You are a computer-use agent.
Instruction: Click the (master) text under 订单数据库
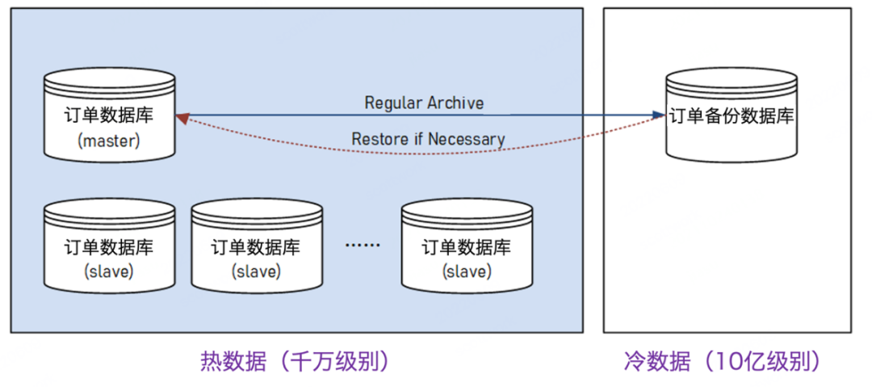pyautogui.click(x=109, y=141)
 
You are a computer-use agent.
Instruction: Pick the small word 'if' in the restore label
pyautogui.click(x=417, y=139)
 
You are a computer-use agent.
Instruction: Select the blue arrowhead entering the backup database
pyautogui.click(x=658, y=116)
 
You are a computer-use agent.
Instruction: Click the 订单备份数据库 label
pyautogui.click(x=732, y=116)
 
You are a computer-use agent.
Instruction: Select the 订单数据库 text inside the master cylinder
pyautogui.click(x=109, y=116)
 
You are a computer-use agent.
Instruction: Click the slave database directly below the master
pyautogui.click(x=109, y=246)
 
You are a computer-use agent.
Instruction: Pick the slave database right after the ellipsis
pyautogui.click(x=467, y=246)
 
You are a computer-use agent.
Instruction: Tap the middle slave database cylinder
pyautogui.click(x=255, y=246)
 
